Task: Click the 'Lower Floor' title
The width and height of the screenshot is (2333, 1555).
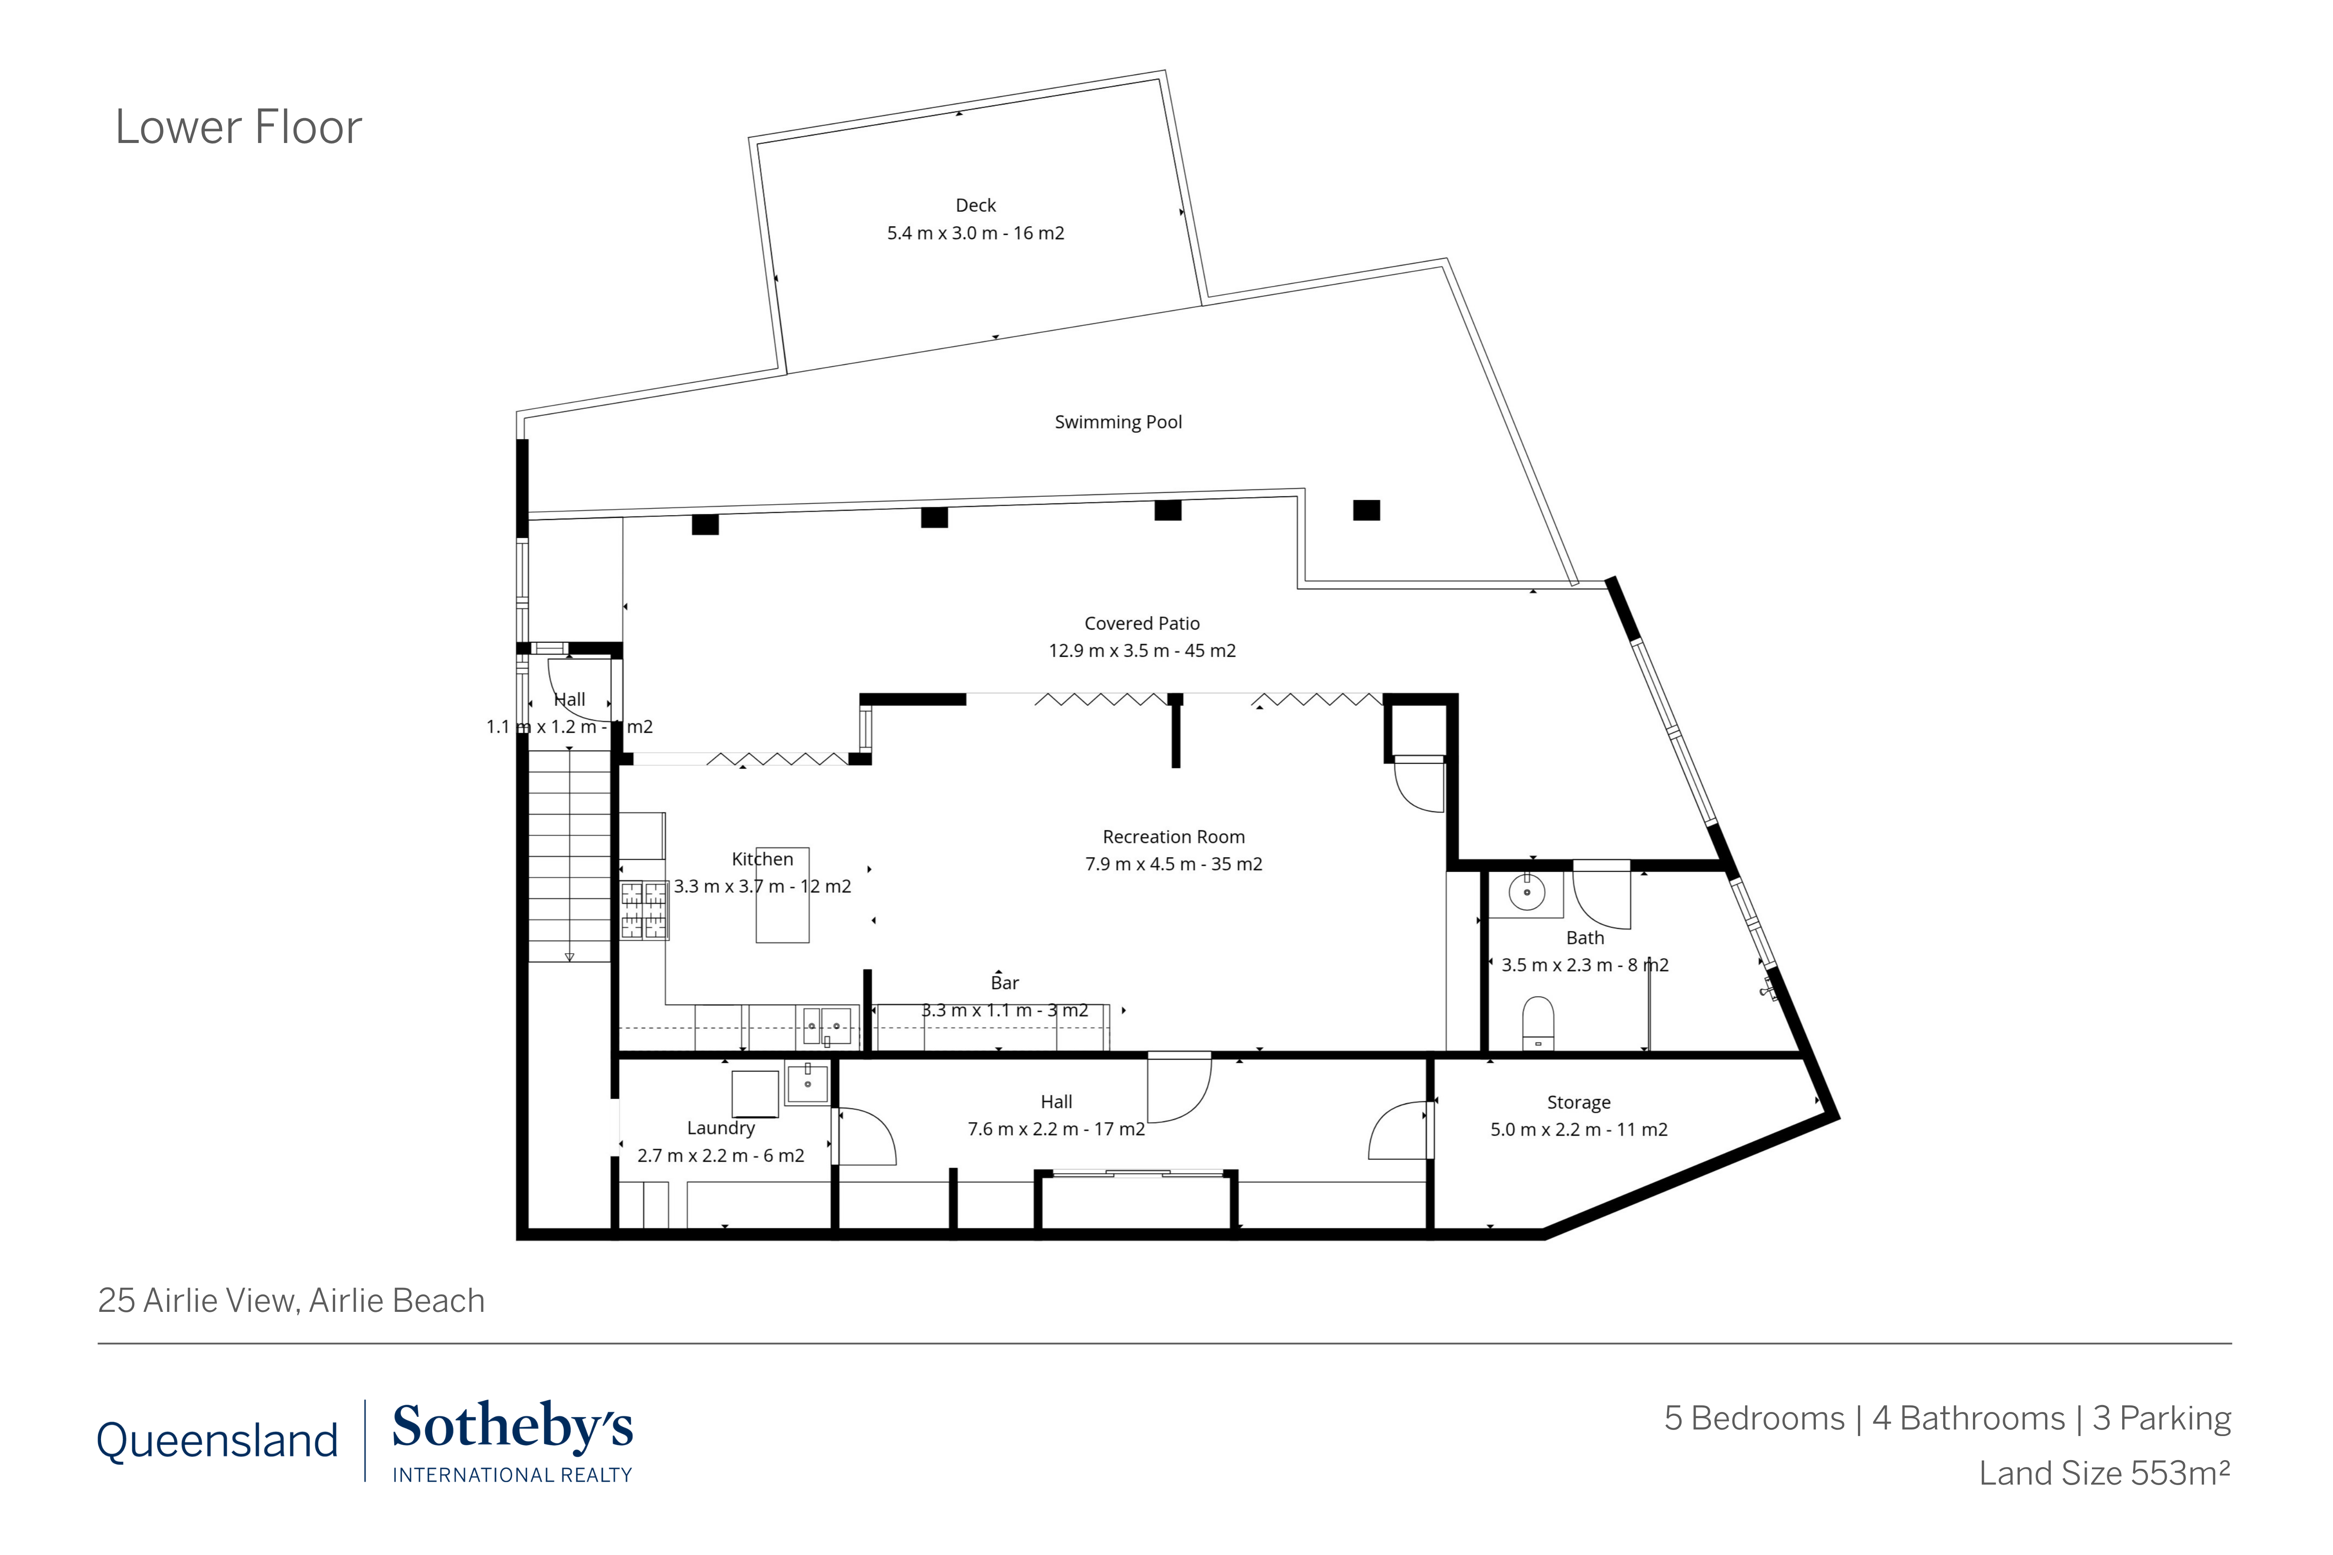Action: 238,127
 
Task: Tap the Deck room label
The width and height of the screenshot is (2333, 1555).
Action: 975,205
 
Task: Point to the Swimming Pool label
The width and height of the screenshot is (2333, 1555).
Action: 1118,422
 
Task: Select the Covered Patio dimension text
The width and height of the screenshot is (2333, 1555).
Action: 1142,651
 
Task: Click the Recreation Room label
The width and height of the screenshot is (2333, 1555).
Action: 1173,837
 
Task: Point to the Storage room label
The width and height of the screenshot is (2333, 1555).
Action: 1578,1103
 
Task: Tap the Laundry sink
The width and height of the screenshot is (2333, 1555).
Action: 808,1083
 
